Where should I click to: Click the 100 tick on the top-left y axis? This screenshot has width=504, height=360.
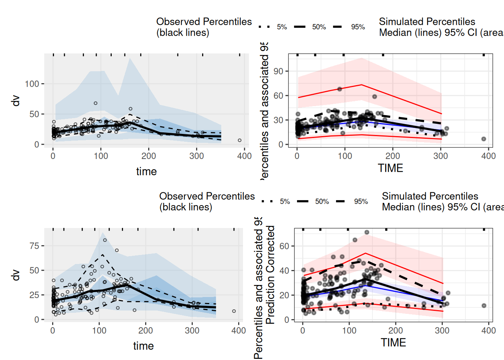(x=32, y=84)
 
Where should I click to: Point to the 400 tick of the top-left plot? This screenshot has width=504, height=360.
(x=244, y=156)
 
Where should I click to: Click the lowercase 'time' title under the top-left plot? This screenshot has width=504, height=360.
(x=146, y=171)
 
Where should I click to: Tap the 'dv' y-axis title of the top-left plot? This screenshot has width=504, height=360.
(x=16, y=100)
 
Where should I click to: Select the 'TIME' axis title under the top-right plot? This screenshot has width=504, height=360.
(x=390, y=168)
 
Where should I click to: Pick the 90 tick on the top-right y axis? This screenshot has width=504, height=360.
(x=278, y=71)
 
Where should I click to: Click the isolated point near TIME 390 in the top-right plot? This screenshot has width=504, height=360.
(x=484, y=139)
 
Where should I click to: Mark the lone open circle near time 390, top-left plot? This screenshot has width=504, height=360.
(x=240, y=140)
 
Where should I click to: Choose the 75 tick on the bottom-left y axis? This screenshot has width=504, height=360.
(x=34, y=246)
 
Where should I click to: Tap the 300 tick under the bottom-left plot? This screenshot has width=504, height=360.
(x=192, y=330)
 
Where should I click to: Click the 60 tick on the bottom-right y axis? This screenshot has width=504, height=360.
(x=284, y=246)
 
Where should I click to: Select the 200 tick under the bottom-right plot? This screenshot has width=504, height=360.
(x=396, y=330)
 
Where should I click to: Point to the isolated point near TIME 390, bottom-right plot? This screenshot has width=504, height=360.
(x=484, y=306)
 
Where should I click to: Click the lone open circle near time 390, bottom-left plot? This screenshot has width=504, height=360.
(x=234, y=311)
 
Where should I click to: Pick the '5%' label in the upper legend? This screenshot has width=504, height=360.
(x=282, y=27)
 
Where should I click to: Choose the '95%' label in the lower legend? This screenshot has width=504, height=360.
(x=361, y=202)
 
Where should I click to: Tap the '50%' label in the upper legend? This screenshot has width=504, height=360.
(x=319, y=27)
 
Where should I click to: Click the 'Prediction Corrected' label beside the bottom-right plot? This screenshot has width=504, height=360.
(x=270, y=274)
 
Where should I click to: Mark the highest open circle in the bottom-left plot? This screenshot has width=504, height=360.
(x=105, y=240)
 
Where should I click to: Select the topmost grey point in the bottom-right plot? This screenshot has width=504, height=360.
(x=367, y=232)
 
